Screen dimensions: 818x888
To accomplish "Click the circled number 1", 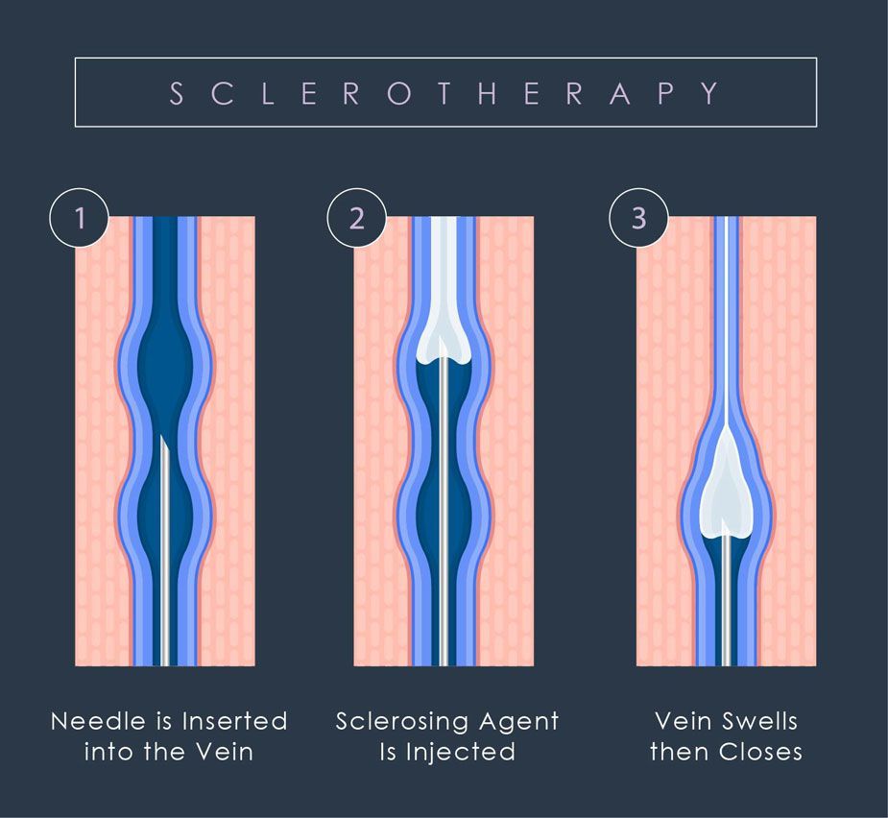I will [81, 219].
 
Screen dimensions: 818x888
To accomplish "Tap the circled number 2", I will [357, 219].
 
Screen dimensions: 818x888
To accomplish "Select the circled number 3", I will [639, 219].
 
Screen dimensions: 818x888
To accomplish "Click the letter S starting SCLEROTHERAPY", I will [177, 93].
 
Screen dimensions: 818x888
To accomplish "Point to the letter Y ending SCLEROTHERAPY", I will [710, 93].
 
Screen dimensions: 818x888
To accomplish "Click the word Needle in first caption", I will [89, 721].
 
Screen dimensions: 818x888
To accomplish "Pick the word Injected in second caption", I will [461, 752].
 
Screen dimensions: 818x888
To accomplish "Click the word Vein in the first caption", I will [228, 751].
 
